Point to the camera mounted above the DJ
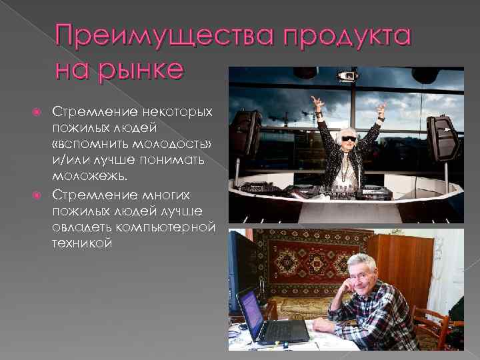pos(346,75)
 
